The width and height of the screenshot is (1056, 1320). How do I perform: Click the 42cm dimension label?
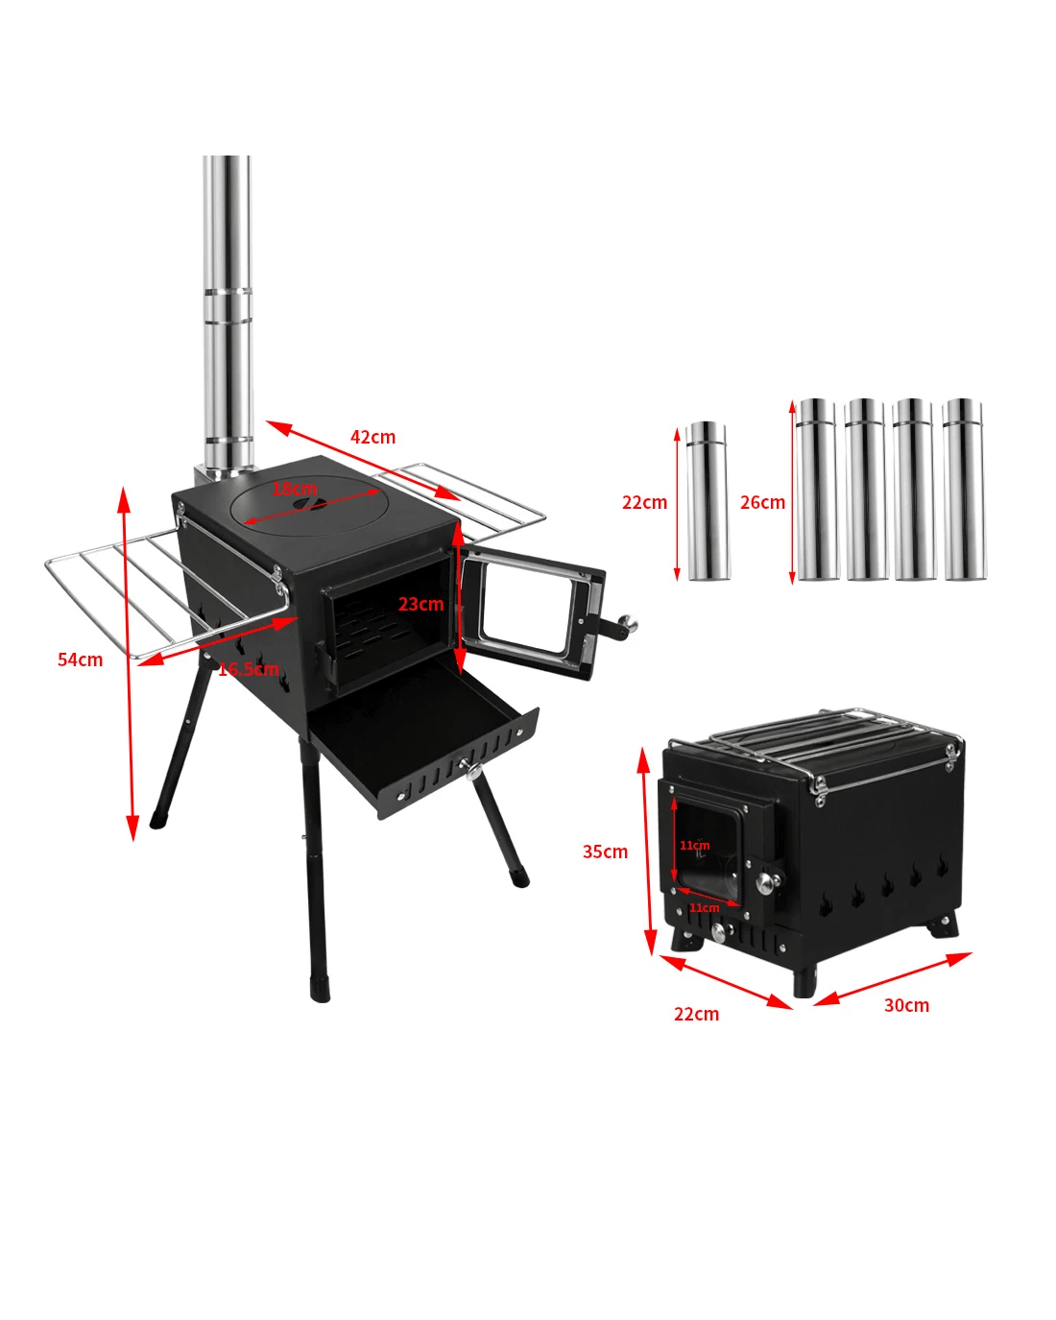[x=372, y=437]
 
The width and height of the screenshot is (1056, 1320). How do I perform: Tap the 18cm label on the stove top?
[x=295, y=489]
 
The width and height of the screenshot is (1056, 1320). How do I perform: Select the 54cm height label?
[x=80, y=660]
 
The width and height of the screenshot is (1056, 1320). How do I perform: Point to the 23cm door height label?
[x=420, y=604]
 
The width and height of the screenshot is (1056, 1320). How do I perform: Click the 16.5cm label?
[x=248, y=668]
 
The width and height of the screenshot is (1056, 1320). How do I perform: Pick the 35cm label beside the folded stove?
[x=605, y=852]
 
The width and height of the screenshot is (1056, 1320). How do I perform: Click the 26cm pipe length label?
[x=762, y=502]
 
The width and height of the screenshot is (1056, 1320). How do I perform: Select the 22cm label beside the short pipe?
[x=644, y=502]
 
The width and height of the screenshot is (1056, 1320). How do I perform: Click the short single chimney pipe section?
[x=708, y=500]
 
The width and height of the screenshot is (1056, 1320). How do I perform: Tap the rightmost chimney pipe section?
[x=965, y=489]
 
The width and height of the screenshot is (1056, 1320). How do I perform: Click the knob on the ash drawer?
[x=472, y=769]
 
